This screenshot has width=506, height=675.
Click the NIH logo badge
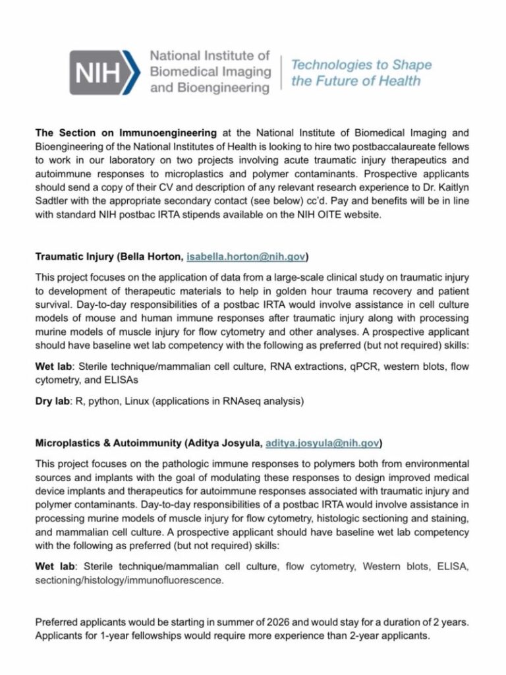click(105, 73)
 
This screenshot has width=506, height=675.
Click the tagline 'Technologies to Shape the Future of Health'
click(361, 73)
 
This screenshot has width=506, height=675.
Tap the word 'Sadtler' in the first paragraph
click(53, 202)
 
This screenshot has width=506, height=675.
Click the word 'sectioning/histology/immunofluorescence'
click(129, 581)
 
